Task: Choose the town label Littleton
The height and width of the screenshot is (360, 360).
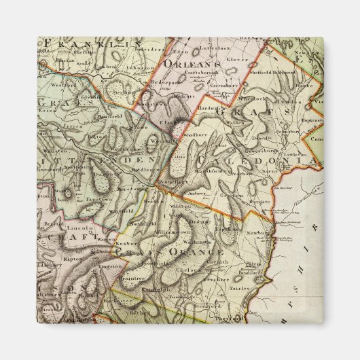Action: click(x=295, y=155)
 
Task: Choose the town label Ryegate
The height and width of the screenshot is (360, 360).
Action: click(x=259, y=203)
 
